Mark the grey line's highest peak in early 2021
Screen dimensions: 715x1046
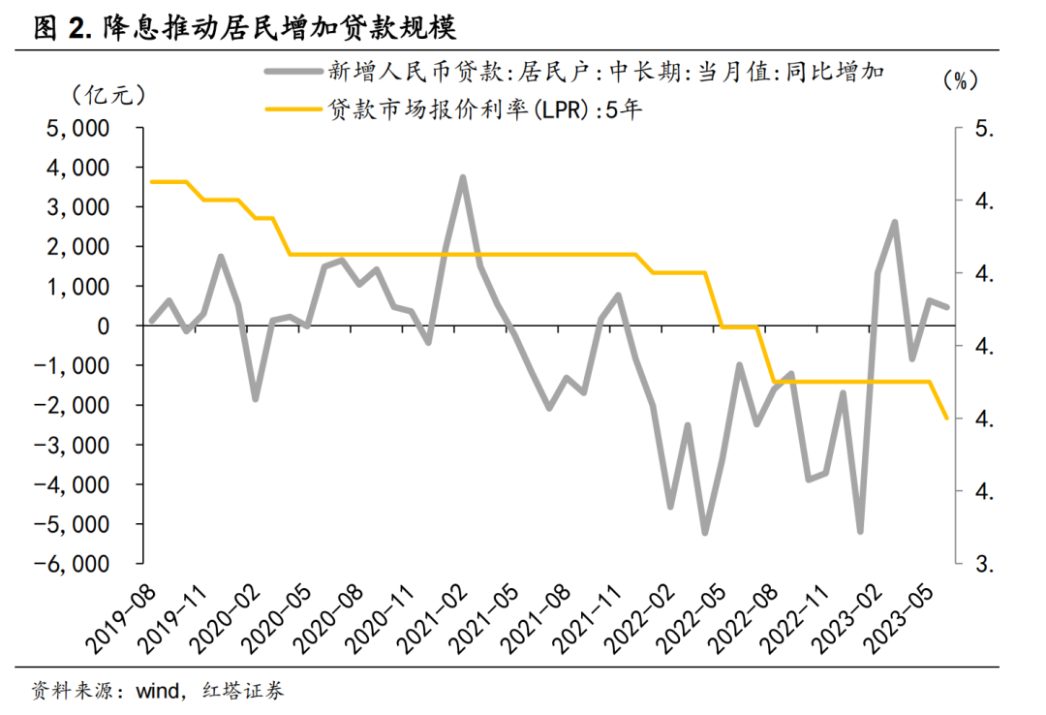tap(463, 178)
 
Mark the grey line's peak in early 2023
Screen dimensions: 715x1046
tap(895, 223)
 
